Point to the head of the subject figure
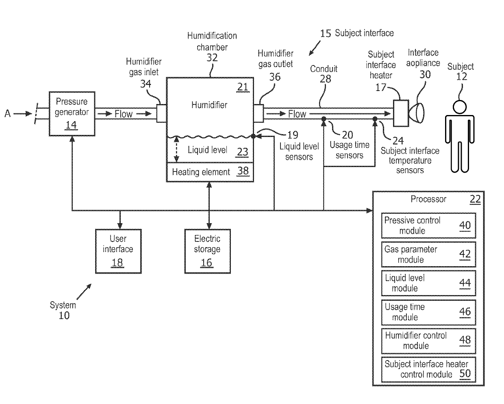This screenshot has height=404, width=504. point(460,107)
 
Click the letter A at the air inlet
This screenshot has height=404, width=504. point(7,113)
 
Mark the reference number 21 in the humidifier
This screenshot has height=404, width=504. point(243,87)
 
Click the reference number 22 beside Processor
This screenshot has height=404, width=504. point(475,199)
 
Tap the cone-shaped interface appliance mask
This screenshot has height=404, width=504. point(416,113)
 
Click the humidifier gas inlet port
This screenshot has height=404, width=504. point(161,113)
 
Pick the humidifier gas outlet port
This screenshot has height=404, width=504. point(259,113)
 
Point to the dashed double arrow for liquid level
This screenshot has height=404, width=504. point(176,150)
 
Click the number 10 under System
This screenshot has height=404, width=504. point(64,316)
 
